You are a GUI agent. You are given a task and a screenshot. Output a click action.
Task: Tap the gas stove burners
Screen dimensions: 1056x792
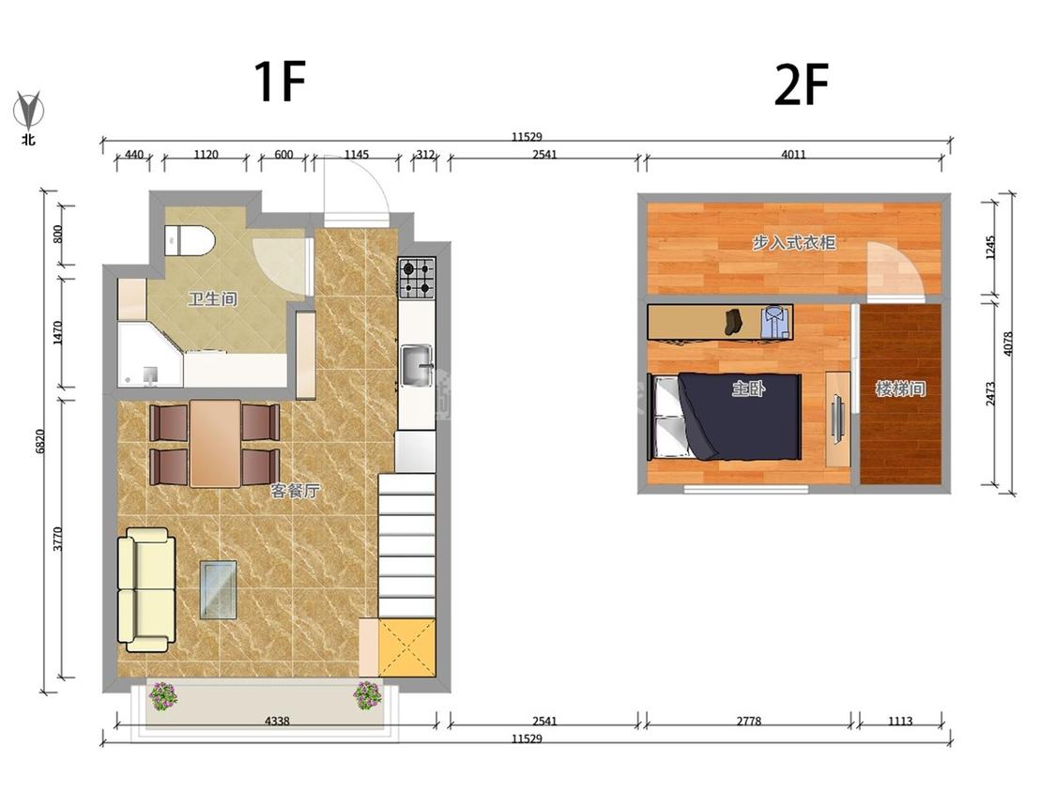(x=417, y=279)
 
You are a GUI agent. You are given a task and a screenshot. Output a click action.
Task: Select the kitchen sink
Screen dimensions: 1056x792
(x=417, y=366)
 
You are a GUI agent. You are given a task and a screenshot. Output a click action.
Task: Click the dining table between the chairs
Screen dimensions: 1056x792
(x=215, y=443)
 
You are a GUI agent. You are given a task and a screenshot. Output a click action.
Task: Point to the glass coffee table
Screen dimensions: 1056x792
(x=218, y=590)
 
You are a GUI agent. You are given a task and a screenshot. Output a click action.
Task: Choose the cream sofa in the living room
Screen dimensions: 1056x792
(x=146, y=590)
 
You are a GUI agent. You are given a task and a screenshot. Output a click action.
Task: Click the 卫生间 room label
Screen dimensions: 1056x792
(x=212, y=298)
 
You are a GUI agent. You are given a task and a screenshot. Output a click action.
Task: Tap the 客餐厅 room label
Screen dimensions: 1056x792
(x=295, y=491)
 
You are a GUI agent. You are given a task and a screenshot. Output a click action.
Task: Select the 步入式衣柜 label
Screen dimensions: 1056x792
(x=794, y=242)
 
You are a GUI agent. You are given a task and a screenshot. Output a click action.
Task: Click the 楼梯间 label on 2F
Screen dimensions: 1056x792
(x=900, y=388)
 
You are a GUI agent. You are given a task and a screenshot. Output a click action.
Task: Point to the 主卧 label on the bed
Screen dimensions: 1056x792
(x=748, y=388)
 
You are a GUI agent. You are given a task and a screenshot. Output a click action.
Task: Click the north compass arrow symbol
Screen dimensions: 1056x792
(x=28, y=111)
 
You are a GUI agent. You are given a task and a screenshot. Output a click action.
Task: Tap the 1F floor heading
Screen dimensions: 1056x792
(x=280, y=81)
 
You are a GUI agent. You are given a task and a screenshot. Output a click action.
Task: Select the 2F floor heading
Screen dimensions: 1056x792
(x=802, y=84)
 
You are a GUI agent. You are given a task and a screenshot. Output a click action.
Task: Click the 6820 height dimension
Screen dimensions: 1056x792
(x=40, y=441)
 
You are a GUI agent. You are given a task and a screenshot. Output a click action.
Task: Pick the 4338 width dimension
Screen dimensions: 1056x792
(x=277, y=721)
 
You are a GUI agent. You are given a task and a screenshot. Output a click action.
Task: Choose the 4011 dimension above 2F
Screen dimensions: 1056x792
(x=793, y=154)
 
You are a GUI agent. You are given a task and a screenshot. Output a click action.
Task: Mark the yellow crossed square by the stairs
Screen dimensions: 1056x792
(x=406, y=647)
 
